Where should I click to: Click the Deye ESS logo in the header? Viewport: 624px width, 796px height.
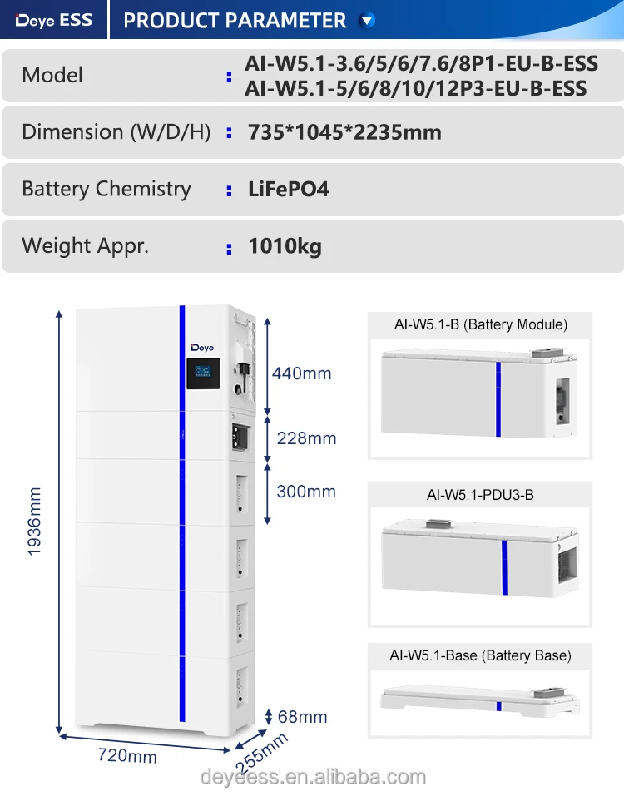(54, 20)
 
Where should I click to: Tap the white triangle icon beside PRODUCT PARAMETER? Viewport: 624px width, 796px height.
(367, 21)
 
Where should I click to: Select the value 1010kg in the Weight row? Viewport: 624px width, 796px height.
(285, 246)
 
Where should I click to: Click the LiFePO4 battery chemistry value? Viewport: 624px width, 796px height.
(289, 189)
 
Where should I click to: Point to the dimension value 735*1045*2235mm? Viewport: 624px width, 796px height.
(344, 132)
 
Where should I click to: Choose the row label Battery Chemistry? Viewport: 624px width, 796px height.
(106, 189)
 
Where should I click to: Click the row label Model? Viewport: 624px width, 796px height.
(52, 75)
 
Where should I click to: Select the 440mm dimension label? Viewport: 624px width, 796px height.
(301, 373)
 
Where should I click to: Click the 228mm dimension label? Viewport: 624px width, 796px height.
(306, 438)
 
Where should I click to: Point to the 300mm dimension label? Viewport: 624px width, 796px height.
(306, 491)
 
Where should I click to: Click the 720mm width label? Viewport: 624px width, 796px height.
(128, 756)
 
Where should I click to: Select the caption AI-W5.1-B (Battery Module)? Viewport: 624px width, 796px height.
(480, 324)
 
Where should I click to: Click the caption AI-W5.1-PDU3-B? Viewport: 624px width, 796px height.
(480, 495)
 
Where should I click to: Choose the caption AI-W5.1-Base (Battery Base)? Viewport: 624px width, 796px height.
(480, 655)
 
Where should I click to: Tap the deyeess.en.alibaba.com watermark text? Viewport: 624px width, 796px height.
(313, 777)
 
